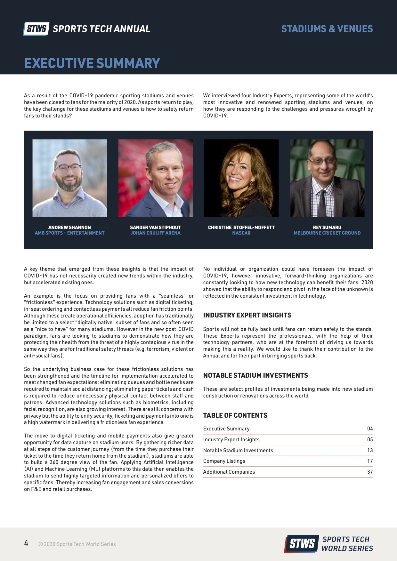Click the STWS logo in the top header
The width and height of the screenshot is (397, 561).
[x=36, y=29]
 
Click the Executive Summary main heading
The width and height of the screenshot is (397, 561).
[x=92, y=63]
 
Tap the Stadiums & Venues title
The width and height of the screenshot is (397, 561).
[x=327, y=29]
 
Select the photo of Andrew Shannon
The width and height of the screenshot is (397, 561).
[x=70, y=178]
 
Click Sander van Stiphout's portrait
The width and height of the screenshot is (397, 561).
[x=156, y=178]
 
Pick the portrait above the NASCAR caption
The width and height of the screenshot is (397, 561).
[x=241, y=178]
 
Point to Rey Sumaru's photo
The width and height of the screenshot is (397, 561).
[x=327, y=178]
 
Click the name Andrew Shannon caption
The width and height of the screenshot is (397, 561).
[x=69, y=227]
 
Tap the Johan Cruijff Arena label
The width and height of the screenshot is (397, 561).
[x=155, y=233]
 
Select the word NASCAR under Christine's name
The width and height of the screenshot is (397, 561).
[x=241, y=233]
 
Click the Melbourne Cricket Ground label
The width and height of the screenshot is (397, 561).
[x=327, y=233]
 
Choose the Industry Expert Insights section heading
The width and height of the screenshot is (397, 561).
[x=247, y=315]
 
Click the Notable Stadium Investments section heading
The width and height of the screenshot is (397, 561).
[x=255, y=375]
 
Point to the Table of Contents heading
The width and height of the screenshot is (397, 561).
[x=235, y=415]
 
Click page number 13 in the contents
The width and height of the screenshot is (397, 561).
[x=370, y=450]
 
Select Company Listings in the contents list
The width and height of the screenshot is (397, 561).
[x=224, y=461]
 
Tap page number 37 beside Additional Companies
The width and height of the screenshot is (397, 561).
[x=370, y=472]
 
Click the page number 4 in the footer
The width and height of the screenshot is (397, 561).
[x=26, y=543]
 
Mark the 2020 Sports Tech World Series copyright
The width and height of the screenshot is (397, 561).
[x=77, y=544]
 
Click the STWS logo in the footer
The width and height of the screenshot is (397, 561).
[x=301, y=543]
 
